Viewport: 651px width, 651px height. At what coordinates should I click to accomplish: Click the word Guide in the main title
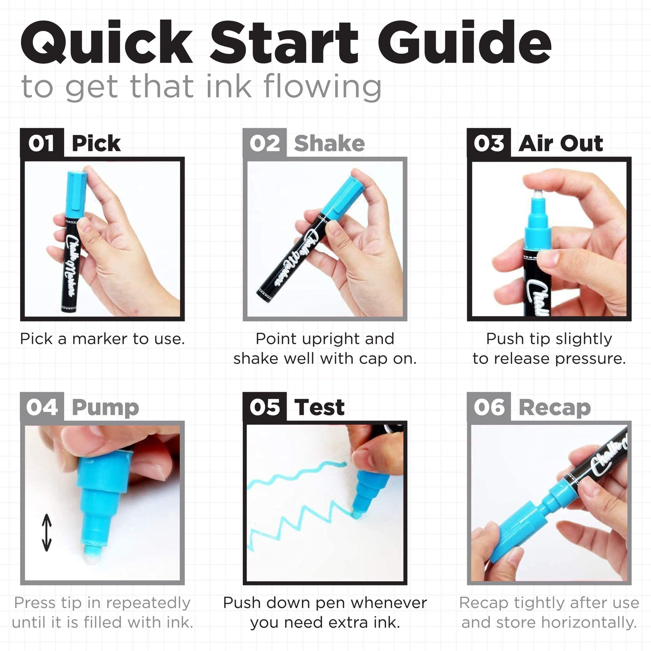464,42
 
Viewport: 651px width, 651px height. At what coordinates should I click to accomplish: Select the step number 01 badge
42,143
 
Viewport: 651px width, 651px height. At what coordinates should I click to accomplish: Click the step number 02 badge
265,143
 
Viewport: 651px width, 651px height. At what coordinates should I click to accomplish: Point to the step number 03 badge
489,143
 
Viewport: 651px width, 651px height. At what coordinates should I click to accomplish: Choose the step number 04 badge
42,407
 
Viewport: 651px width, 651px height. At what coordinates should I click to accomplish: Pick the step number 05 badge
265,407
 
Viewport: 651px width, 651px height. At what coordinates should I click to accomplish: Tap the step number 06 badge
489,407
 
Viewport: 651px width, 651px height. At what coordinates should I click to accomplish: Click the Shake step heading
329,143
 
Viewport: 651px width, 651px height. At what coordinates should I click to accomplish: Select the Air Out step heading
561,143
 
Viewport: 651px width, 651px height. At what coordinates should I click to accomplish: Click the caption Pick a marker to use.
102,339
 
